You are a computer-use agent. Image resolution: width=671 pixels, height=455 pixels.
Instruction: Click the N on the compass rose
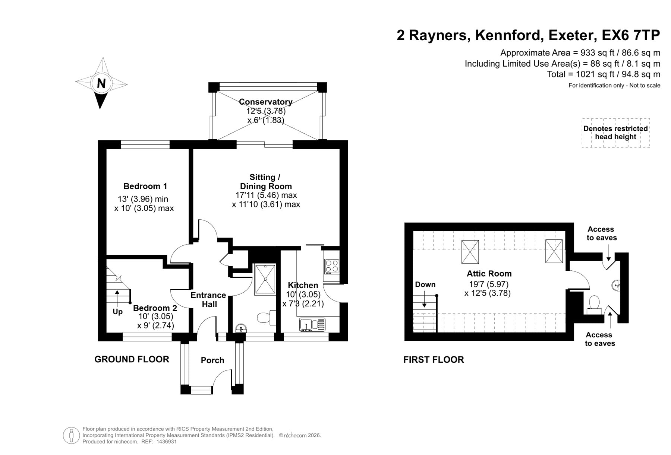pos(101,83)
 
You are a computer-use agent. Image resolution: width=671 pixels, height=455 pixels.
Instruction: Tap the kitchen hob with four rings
pos(332,266)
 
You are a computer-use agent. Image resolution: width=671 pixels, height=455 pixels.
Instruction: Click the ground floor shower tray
pos(265,280)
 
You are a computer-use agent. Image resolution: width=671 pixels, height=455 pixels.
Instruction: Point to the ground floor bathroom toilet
pos(266,317)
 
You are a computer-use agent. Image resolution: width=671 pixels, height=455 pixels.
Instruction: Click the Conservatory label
pos(265,102)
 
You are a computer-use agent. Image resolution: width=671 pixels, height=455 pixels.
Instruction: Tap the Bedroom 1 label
pos(145,186)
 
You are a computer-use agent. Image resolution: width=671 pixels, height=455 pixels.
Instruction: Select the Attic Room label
pos(489,274)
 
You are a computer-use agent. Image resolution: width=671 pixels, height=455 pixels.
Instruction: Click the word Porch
pos(212,360)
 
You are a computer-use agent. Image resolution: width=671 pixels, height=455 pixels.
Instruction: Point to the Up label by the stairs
pos(117,312)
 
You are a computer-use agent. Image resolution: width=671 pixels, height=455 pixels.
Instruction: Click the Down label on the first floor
pos(425,284)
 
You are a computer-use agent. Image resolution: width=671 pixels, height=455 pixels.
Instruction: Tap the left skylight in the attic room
pos(470,251)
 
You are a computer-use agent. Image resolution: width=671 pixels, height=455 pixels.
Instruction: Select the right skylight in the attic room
pos(554,251)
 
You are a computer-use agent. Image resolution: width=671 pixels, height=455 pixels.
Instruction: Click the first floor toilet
pos(593,303)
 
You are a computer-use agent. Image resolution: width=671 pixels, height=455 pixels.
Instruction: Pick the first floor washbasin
pos(616,285)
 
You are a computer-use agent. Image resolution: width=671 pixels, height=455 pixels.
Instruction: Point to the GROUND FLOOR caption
pos(132,359)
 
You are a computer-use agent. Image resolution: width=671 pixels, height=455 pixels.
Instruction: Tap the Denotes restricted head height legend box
pos(615,133)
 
